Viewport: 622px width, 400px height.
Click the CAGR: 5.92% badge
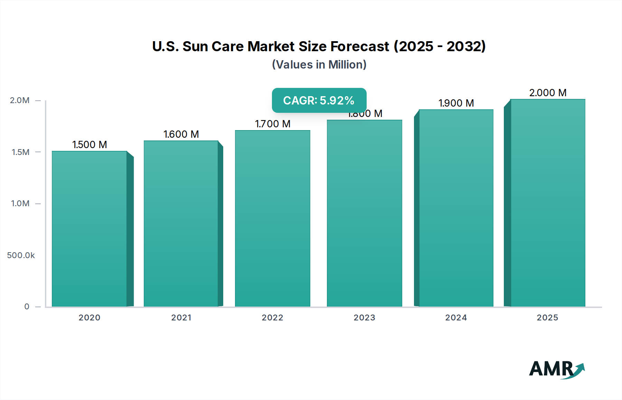pos(319,100)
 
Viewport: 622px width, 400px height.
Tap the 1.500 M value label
pos(89,145)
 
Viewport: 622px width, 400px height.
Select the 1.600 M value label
pos(181,134)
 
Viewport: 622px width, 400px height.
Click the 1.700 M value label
pos(273,124)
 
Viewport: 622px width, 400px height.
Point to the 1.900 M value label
pos(456,103)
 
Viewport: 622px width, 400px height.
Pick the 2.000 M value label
pos(548,93)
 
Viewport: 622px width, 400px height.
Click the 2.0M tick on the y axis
pos(20,100)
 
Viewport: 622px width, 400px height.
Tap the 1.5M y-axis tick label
pos(20,152)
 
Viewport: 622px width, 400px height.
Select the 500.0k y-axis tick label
pos(21,255)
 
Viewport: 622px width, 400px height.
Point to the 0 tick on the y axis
pos(27,307)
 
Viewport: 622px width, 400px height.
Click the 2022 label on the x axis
pos(272,318)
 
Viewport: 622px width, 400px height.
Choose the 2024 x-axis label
pos(456,318)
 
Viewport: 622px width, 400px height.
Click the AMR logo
pos(556,369)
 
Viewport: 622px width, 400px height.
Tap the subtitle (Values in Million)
pos(319,65)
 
